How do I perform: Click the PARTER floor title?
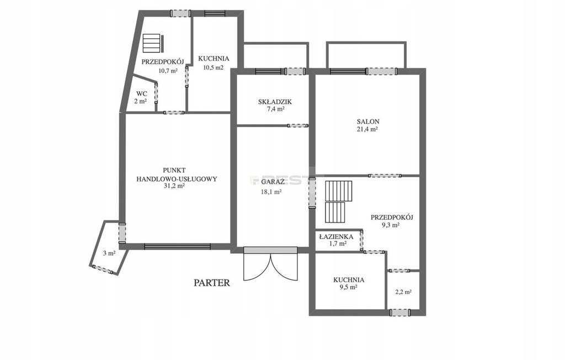(211, 283)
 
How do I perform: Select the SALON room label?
(368, 121)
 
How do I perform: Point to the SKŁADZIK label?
(275, 102)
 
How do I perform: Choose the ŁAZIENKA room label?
(336, 237)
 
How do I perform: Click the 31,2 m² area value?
(174, 186)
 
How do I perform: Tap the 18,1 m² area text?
(271, 192)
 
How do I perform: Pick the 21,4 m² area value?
(367, 129)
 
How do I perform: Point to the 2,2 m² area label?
(403, 292)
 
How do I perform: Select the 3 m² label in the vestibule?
(109, 253)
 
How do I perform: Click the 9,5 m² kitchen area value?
(349, 287)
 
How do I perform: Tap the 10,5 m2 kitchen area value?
(214, 67)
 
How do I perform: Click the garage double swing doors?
(271, 263)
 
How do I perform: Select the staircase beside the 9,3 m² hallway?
(338, 202)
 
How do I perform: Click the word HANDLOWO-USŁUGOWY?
(177, 178)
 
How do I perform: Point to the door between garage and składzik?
(297, 125)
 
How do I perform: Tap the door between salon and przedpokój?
(385, 176)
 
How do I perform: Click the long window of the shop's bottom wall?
(177, 247)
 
